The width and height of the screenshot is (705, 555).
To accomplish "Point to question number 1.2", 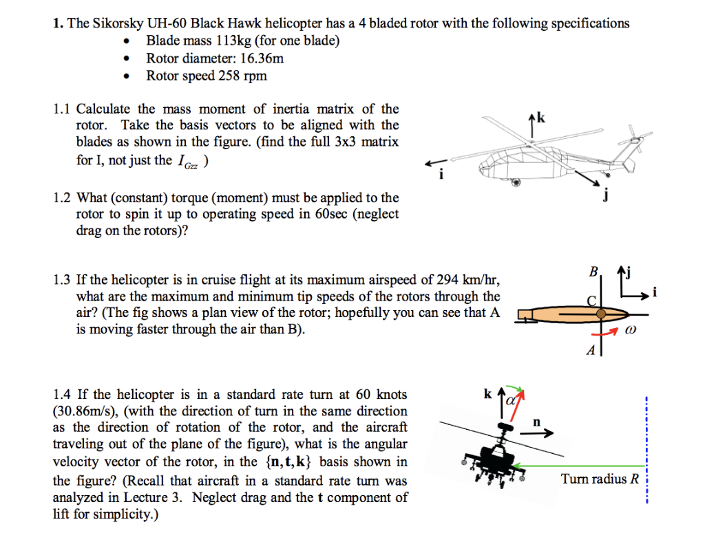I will click(x=63, y=198).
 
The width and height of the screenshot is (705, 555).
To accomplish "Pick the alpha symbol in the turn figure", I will click(x=510, y=400).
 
